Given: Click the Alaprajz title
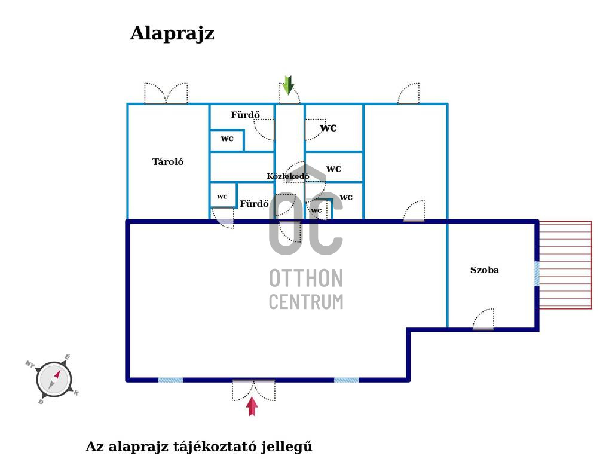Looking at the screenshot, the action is (172, 34).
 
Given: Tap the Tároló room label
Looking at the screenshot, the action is (168, 161).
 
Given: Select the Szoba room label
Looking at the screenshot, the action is (484, 270).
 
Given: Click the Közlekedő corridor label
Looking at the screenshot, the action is (288, 176).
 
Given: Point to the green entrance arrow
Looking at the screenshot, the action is (288, 85).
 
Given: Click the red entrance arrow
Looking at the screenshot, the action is (252, 406).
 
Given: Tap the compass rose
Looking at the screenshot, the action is (53, 379).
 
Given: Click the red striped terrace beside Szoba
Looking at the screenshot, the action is (565, 265).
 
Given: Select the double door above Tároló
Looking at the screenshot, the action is (166, 93).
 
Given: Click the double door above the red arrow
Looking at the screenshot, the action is (253, 390).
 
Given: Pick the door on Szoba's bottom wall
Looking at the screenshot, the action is (483, 319).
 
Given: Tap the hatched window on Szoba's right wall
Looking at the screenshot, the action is (537, 274).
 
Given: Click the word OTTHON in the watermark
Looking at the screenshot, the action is (306, 278).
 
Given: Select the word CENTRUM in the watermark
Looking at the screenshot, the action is (306, 302).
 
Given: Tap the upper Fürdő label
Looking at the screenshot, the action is (245, 115).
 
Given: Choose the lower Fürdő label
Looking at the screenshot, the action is (254, 203).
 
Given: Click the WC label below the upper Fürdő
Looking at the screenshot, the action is (227, 139).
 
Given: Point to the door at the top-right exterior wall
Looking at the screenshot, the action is (409, 93).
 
